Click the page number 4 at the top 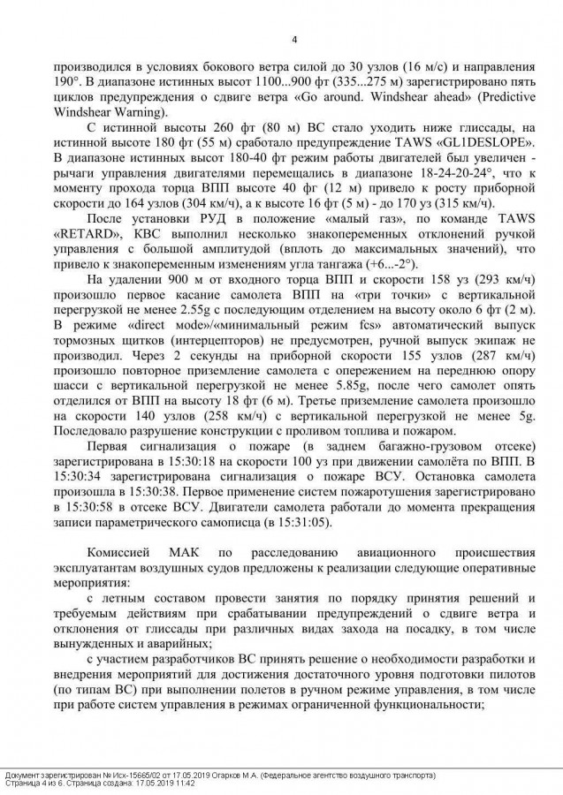293,39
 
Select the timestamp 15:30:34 70,478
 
